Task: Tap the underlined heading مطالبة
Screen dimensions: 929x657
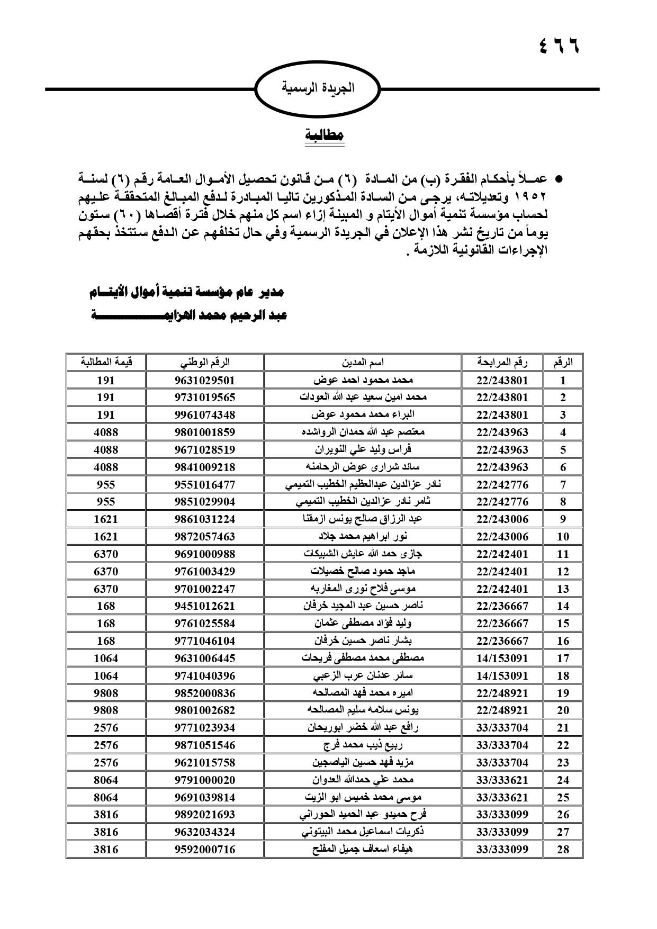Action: click(x=325, y=134)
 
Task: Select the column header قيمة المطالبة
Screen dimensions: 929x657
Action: click(x=106, y=363)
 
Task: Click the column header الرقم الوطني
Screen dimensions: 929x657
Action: click(x=204, y=363)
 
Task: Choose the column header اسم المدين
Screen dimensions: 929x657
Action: click(x=363, y=363)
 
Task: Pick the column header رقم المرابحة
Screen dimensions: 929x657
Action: click(x=502, y=363)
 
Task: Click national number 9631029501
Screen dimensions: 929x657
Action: click(x=204, y=380)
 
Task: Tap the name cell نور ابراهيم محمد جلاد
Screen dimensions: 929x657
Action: click(x=363, y=537)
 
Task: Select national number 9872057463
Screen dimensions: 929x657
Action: click(x=204, y=537)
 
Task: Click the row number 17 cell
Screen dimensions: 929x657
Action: click(x=563, y=659)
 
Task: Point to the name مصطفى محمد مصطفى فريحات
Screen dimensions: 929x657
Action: click(x=363, y=659)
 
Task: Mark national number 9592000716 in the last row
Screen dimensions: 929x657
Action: click(x=204, y=850)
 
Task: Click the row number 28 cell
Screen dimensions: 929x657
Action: click(x=563, y=850)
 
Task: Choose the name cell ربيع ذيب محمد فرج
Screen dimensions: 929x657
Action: click(x=363, y=745)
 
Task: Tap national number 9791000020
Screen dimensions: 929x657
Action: click(x=204, y=780)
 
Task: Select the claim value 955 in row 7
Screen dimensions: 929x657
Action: click(x=106, y=484)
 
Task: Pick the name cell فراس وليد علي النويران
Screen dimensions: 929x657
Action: click(x=363, y=450)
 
